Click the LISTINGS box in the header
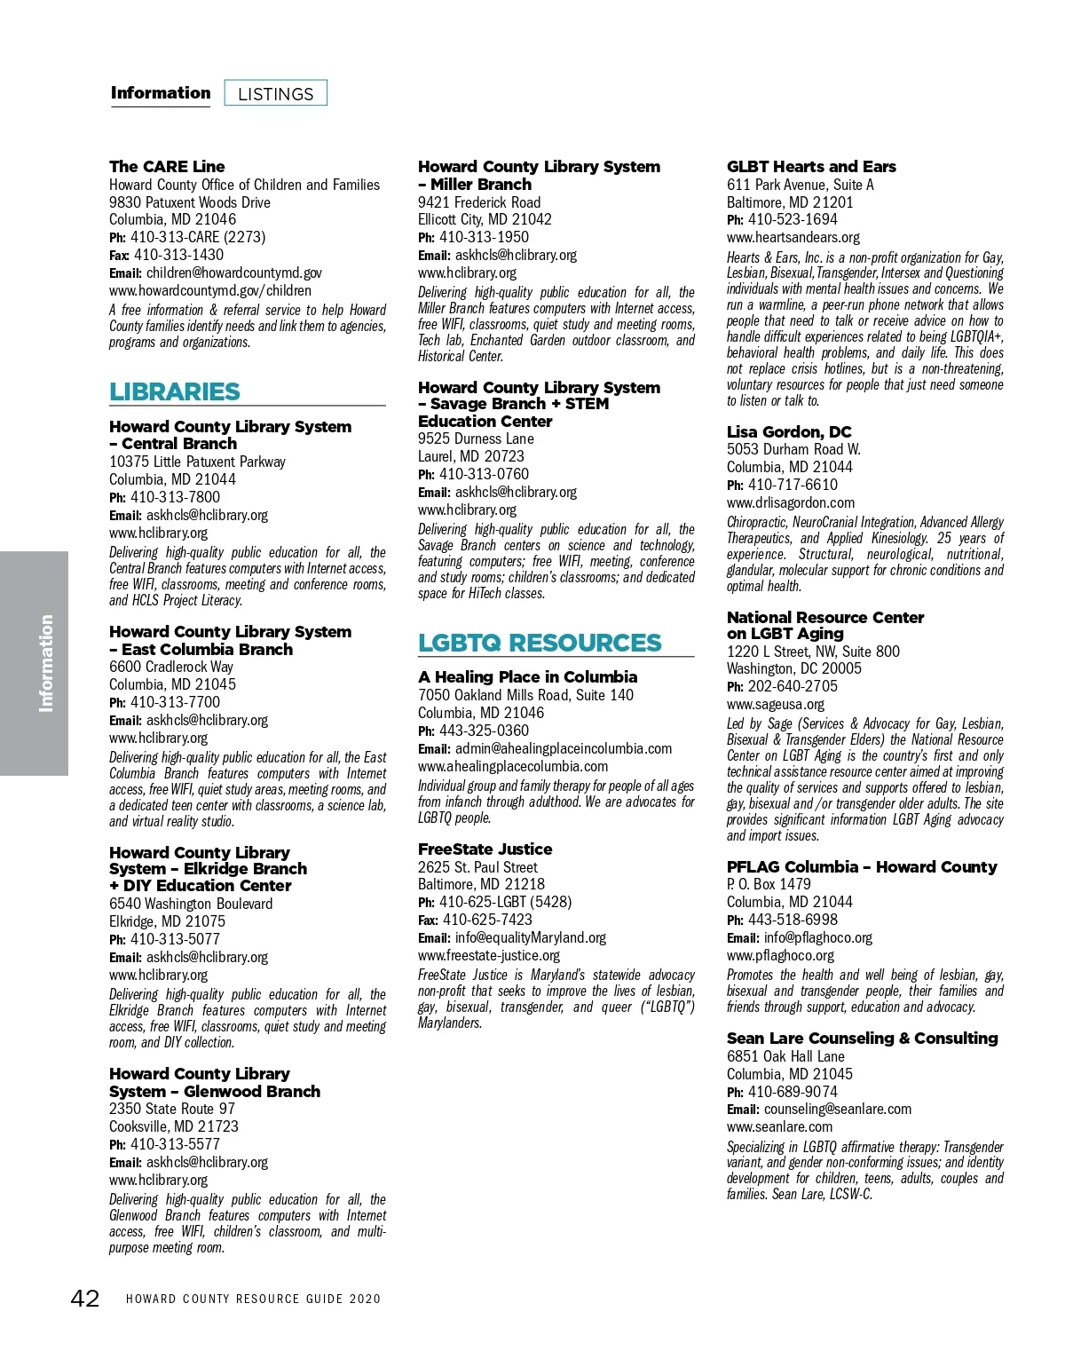[x=276, y=93]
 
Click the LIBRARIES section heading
[x=175, y=391]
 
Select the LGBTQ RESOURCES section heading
[x=540, y=643]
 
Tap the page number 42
[x=85, y=1299]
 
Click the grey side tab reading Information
[x=35, y=663]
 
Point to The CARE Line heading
[x=167, y=166]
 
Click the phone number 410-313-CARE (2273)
[x=198, y=237]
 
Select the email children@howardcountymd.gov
[x=233, y=273]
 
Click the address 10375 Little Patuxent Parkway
[x=197, y=462]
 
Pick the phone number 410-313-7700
[x=175, y=702]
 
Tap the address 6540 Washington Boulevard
[x=191, y=904]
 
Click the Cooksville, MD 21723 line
[x=174, y=1126]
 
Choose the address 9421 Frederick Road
[x=479, y=202]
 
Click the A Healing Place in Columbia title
[x=527, y=677]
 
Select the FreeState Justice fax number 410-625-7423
[x=487, y=920]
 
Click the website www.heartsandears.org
[x=793, y=237]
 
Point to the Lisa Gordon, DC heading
[x=789, y=432]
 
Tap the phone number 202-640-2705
[x=793, y=686]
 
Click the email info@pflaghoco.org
[x=817, y=937]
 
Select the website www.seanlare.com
[x=780, y=1126]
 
